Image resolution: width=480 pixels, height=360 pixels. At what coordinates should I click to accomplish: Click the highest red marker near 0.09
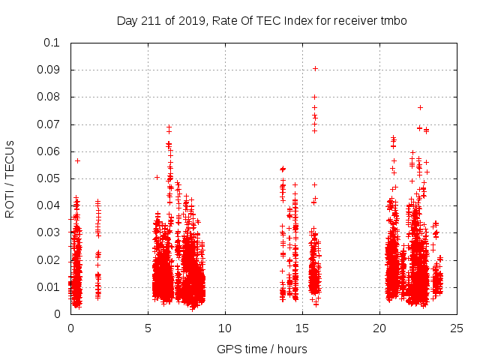[316, 68]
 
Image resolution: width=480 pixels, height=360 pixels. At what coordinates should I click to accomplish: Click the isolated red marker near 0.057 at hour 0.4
[77, 160]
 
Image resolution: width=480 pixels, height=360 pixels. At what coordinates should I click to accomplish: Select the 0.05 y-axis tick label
[52, 178]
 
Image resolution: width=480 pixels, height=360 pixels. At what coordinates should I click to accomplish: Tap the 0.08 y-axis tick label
[52, 97]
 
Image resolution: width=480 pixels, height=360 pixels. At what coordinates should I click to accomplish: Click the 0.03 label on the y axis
[52, 232]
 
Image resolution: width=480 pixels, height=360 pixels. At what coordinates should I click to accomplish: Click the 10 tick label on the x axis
[225, 328]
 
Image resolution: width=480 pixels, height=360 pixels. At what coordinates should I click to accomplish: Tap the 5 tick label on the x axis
[148, 328]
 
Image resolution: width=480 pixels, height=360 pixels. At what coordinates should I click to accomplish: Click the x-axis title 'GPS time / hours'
[262, 349]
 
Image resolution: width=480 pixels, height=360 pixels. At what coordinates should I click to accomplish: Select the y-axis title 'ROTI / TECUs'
[10, 178]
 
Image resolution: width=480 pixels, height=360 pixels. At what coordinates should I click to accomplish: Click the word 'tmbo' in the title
[393, 21]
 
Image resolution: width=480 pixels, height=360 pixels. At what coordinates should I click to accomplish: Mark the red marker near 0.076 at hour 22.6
[420, 107]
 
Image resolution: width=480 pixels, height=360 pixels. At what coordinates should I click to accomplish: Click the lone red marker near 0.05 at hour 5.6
[157, 178]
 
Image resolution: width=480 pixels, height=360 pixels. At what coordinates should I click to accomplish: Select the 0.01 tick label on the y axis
[52, 287]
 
